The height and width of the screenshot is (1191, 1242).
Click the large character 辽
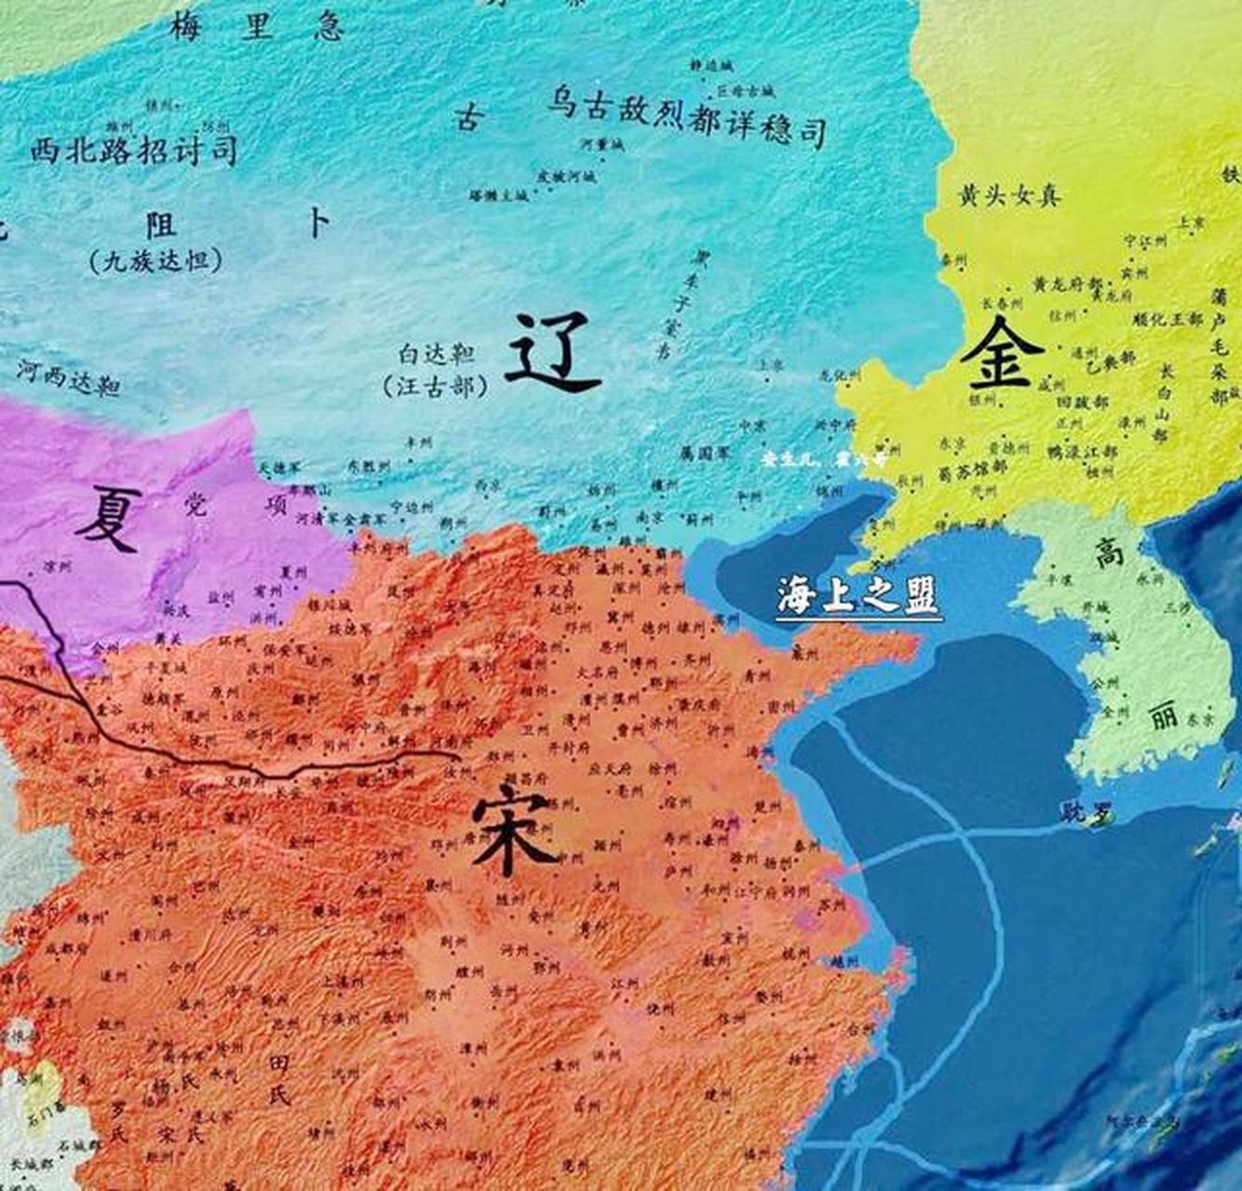pyautogui.click(x=551, y=352)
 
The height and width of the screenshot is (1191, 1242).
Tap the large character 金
pyautogui.click(x=1002, y=354)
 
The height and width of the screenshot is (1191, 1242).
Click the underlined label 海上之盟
pyautogui.click(x=857, y=595)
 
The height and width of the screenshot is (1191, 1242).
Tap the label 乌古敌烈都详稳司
pyautogui.click(x=687, y=116)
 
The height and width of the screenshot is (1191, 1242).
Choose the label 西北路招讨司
pyautogui.click(x=133, y=149)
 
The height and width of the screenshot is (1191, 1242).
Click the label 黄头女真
pyautogui.click(x=1008, y=195)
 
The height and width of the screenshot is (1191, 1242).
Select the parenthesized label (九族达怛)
pyautogui.click(x=156, y=261)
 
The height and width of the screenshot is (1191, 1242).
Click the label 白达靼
pyautogui.click(x=437, y=355)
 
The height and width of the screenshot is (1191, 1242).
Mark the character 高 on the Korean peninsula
pyautogui.click(x=1108, y=555)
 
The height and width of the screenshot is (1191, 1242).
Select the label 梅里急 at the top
pyautogui.click(x=256, y=27)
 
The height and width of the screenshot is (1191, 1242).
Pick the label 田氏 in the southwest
pyautogui.click(x=279, y=1078)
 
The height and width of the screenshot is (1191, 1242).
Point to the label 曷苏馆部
pyautogui.click(x=967, y=474)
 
